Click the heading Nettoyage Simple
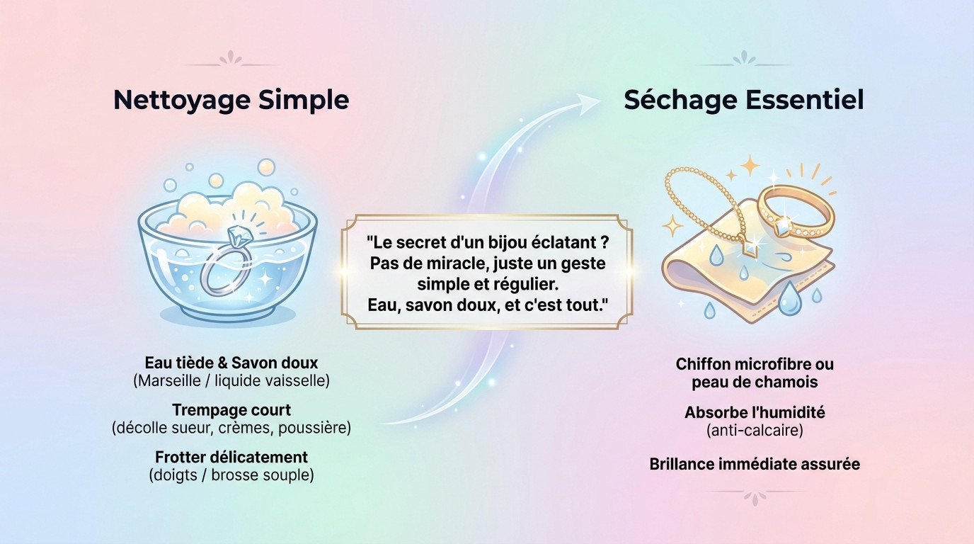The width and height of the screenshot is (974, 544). [x=231, y=100]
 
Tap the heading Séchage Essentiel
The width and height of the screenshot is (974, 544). [x=743, y=100]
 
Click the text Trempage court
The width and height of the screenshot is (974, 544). [x=231, y=410]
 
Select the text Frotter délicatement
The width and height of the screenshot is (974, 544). [x=231, y=456]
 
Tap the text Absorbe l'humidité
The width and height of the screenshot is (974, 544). [x=755, y=412]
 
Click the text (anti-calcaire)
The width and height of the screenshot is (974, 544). [x=755, y=430]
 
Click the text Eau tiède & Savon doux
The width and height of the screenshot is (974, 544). [x=231, y=363]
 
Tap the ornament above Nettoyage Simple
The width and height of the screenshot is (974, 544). [x=231, y=59]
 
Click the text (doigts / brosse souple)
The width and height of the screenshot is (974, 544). [x=231, y=475]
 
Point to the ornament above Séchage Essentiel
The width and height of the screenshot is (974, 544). [x=743, y=59]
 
